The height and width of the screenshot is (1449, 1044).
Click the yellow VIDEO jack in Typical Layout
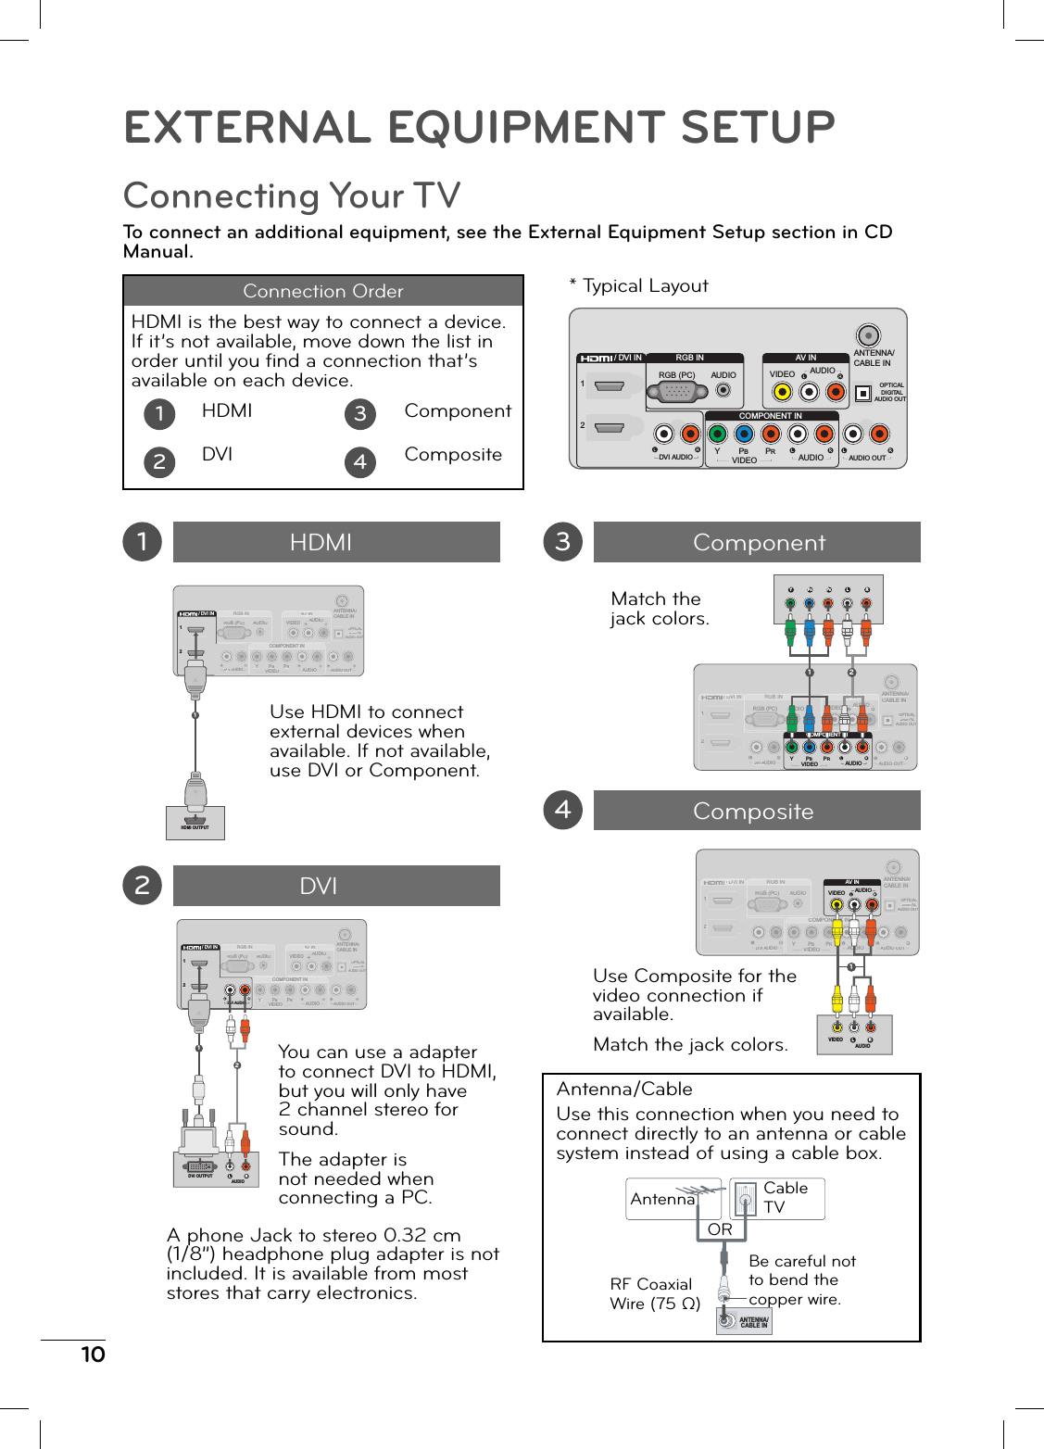tap(782, 392)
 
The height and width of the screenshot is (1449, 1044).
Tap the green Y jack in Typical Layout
tap(717, 434)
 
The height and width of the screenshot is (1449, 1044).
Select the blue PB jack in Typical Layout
tap(744, 434)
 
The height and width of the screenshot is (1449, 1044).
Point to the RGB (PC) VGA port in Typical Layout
tap(677, 392)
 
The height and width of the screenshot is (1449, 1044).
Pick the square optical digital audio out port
tap(863, 393)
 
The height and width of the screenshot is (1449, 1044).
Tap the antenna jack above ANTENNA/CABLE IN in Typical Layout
tap(868, 335)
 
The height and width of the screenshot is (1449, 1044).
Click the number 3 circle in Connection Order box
tap(360, 413)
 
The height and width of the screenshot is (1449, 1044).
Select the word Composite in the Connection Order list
tap(453, 455)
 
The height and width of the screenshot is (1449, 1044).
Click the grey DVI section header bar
tap(336, 886)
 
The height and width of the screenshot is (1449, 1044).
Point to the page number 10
tap(93, 1354)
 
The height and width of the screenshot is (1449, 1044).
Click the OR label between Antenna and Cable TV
tap(720, 1229)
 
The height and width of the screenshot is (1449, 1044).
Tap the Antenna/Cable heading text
tap(624, 1090)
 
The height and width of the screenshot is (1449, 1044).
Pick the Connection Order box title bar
tap(323, 291)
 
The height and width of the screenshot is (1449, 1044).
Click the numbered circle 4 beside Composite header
tap(562, 810)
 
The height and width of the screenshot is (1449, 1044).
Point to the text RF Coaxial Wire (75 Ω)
tap(654, 1293)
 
